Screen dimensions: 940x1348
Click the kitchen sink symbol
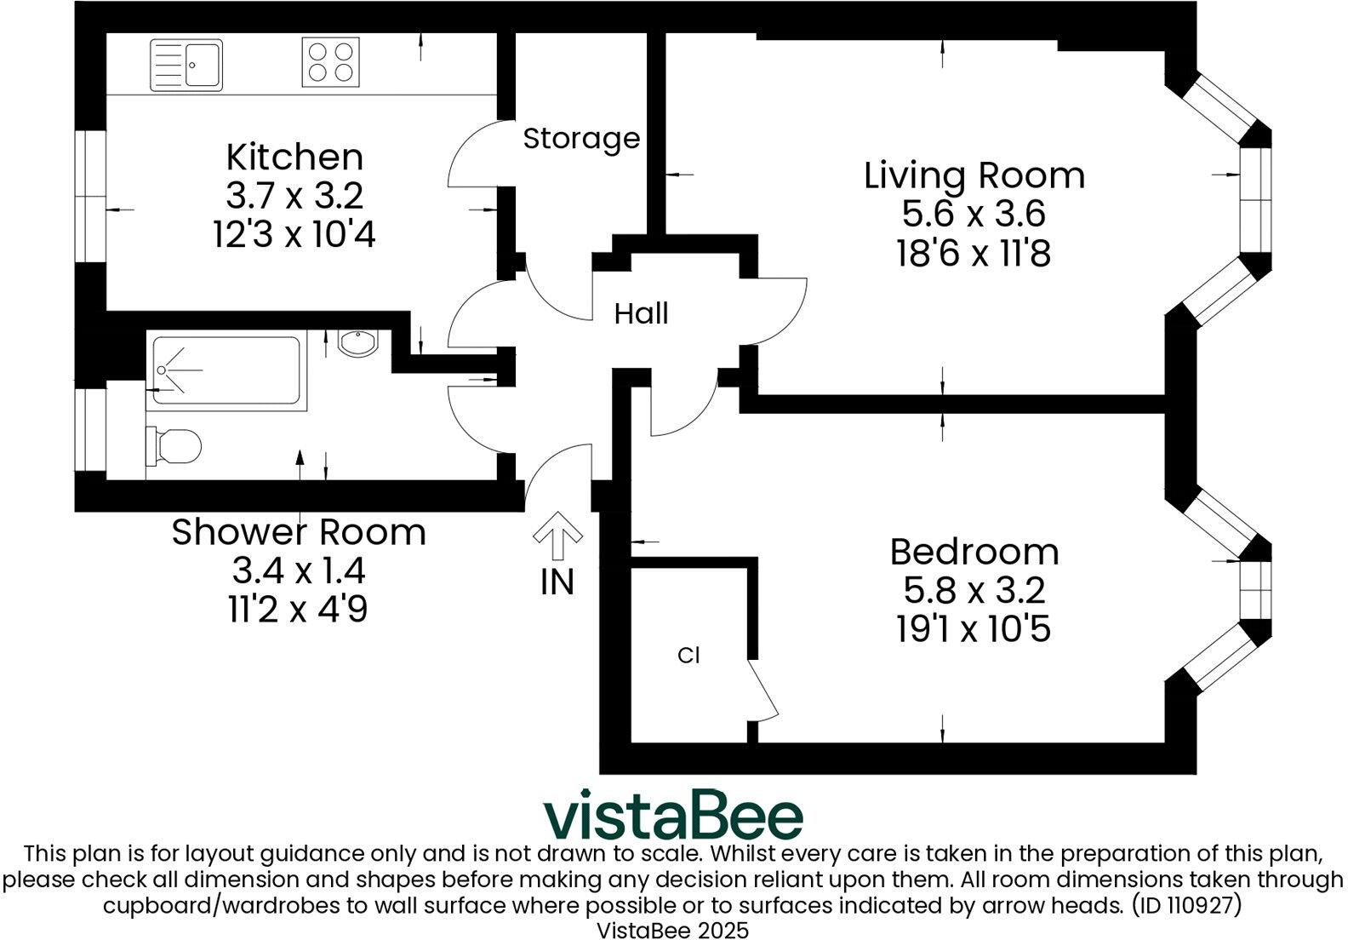point(186,65)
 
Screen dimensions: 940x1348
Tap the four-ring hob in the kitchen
point(330,62)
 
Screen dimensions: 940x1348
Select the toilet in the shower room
point(174,445)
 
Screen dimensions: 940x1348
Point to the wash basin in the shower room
point(358,343)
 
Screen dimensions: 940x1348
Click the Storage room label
point(581,138)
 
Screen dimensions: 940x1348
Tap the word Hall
point(641,313)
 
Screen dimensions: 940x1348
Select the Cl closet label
point(688,656)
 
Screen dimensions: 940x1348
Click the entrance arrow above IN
point(557,534)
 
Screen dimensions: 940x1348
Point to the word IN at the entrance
point(557,582)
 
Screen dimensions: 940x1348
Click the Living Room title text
point(974,175)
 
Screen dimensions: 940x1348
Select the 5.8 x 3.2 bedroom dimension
point(974,590)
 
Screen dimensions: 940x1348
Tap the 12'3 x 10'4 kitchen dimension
point(294,233)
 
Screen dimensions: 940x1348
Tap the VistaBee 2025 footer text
point(672,929)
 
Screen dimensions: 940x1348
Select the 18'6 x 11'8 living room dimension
point(974,253)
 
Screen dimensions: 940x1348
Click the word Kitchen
point(294,158)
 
